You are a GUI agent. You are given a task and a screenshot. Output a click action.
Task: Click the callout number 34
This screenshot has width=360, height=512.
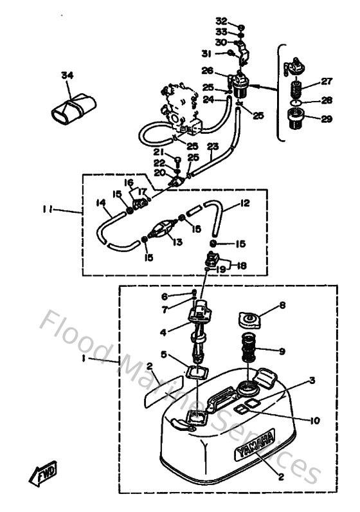67,75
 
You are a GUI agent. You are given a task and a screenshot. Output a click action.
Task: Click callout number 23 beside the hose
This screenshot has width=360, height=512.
213,147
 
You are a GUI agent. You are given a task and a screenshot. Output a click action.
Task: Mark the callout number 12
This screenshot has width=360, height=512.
244,203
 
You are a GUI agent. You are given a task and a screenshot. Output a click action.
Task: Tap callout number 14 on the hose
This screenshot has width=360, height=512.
101,203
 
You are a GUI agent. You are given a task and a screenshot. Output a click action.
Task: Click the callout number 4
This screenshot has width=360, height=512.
163,333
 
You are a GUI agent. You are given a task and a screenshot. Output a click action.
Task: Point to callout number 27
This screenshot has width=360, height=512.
326,82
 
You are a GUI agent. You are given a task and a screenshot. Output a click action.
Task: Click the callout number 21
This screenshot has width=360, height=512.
158,152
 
